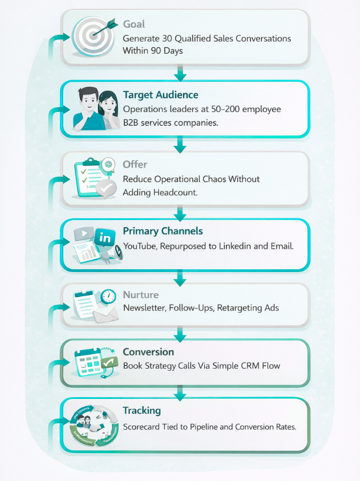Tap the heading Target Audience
coord(161,94)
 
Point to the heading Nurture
coord(140,295)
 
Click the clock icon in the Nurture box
coord(108,297)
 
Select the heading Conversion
coord(148,352)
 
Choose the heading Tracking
coord(142,410)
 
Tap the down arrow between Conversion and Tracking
coord(181,392)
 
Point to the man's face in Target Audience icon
coord(86,100)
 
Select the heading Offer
coord(135,164)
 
